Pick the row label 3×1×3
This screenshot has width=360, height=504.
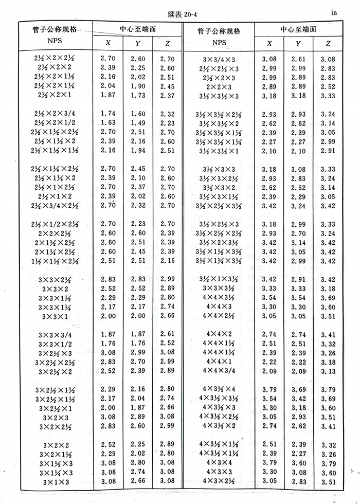click(56, 481)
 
